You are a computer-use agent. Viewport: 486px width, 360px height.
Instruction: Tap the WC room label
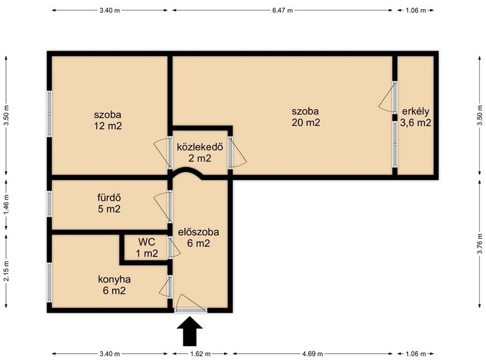[x=146, y=247]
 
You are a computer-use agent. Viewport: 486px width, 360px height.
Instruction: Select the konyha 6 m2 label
[x=114, y=285]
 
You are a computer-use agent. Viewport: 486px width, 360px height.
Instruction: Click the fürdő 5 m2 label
[x=109, y=203]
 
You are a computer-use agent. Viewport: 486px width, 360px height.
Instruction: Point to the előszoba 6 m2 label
[x=199, y=238]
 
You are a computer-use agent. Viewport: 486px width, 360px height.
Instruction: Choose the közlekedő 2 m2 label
[x=200, y=152]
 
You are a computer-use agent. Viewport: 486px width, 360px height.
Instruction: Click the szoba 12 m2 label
[x=107, y=121]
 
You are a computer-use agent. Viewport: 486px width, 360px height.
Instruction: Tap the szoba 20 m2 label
[x=306, y=117]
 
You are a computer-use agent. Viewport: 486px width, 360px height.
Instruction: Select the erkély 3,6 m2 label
[x=416, y=117]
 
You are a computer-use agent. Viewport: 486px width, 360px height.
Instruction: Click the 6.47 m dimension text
[x=283, y=10]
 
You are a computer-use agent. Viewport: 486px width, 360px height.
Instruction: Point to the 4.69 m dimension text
[x=312, y=353]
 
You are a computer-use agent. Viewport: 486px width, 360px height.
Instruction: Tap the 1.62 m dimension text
[x=200, y=353]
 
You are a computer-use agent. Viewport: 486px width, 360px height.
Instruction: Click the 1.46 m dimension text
[x=7, y=204]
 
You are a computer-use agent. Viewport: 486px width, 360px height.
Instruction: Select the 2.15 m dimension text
[x=7, y=271]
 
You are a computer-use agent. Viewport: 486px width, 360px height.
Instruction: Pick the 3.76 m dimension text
[x=479, y=242]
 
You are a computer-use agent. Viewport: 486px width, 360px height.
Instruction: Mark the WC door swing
[x=176, y=247]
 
